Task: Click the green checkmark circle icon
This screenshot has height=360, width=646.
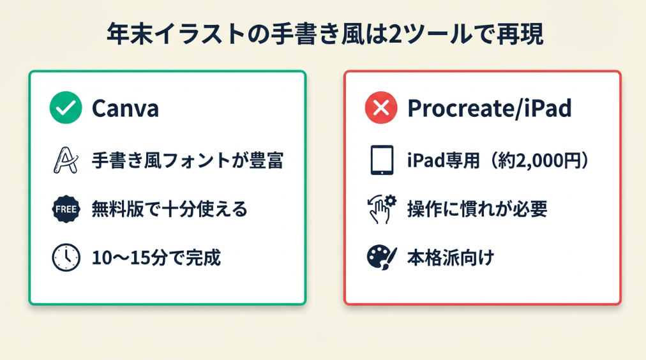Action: pyautogui.click(x=66, y=107)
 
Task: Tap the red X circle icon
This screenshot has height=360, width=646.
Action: pyautogui.click(x=381, y=107)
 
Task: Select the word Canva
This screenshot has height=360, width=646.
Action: pyautogui.click(x=125, y=109)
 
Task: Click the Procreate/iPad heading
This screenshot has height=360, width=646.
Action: pyautogui.click(x=490, y=109)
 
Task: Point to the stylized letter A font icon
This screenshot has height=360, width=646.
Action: pyautogui.click(x=66, y=160)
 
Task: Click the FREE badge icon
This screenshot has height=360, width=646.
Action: pyautogui.click(x=66, y=209)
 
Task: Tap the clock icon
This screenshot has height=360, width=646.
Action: pyautogui.click(x=66, y=257)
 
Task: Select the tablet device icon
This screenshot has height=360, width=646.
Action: pyautogui.click(x=382, y=160)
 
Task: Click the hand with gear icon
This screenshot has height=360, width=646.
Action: pyautogui.click(x=382, y=209)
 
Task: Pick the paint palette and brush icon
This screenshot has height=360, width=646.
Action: pyautogui.click(x=382, y=257)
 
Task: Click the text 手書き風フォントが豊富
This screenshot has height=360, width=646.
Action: pyautogui.click(x=188, y=160)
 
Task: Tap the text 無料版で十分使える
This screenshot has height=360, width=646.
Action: pyautogui.click(x=169, y=209)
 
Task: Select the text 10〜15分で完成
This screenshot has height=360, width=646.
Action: pyautogui.click(x=156, y=258)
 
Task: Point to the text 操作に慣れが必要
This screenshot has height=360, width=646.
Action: pyautogui.click(x=477, y=209)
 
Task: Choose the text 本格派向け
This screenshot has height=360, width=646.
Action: pyautogui.click(x=450, y=258)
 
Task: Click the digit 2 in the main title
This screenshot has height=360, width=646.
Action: pyautogui.click(x=394, y=34)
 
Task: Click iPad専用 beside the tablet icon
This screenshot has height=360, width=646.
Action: pyautogui.click(x=443, y=160)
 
